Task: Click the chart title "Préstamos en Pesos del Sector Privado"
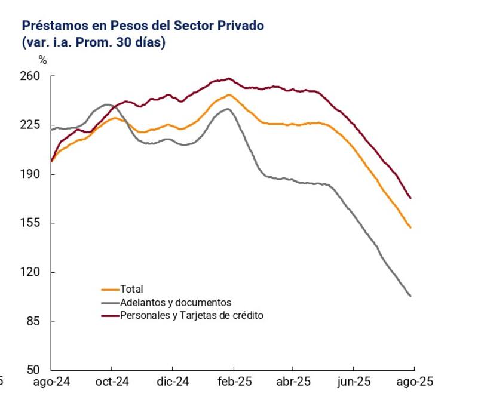pyautogui.click(x=143, y=26)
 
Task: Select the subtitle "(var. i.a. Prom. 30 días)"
pyautogui.click(x=94, y=42)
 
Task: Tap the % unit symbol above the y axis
pyautogui.click(x=42, y=59)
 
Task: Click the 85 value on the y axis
pyautogui.click(x=33, y=321)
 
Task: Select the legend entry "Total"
pyautogui.click(x=131, y=290)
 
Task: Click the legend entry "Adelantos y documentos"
pyautogui.click(x=175, y=303)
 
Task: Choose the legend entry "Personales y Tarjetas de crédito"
pyautogui.click(x=191, y=315)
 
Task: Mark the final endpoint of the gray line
pyautogui.click(x=410, y=296)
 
